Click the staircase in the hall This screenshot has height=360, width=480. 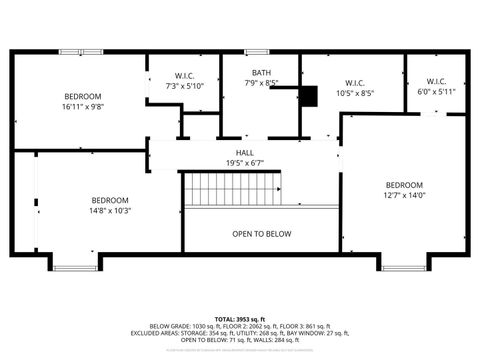click(x=231, y=188)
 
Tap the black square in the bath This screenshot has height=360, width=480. click(x=308, y=95)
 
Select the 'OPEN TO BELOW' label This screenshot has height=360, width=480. click(x=262, y=234)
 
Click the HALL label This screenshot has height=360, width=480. click(x=245, y=153)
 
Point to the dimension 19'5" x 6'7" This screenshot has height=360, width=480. click(x=245, y=163)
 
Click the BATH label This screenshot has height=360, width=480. click(x=261, y=73)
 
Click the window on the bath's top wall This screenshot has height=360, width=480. click(x=257, y=51)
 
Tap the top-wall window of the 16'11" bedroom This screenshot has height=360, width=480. click(x=80, y=51)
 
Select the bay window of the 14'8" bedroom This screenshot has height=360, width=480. click(x=75, y=266)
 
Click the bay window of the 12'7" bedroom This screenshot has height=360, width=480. click(x=403, y=266)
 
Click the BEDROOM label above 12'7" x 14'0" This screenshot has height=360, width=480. click(x=404, y=185)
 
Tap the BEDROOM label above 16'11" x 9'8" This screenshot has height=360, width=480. click(x=83, y=96)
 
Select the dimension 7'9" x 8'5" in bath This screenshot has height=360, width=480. click(x=261, y=83)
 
